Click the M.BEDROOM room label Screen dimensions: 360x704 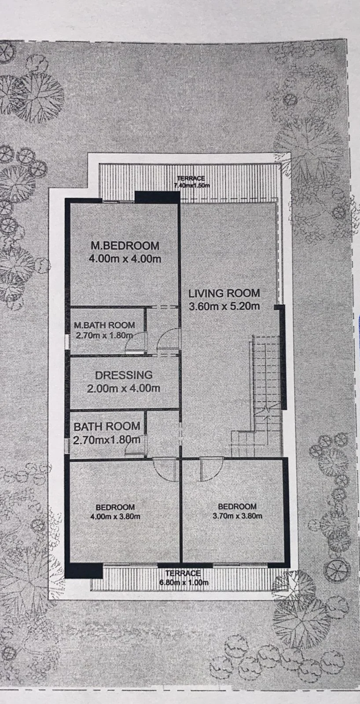pyautogui.click(x=125, y=245)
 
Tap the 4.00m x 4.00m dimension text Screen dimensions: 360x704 pyautogui.click(x=125, y=259)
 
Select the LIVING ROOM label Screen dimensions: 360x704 pyautogui.click(x=224, y=293)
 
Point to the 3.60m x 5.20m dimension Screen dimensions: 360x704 pyautogui.click(x=224, y=306)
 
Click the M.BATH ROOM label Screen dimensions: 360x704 pyautogui.click(x=104, y=325)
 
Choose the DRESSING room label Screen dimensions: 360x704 pyautogui.click(x=124, y=375)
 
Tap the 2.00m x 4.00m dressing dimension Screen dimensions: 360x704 pyautogui.click(x=124, y=388)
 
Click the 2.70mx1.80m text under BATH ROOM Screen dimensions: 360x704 pyautogui.click(x=107, y=440)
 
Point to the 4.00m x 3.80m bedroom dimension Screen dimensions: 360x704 pyautogui.click(x=115, y=517)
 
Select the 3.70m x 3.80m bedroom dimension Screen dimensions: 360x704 pyautogui.click(x=237, y=516)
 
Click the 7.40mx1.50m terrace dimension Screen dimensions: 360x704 pyautogui.click(x=192, y=185)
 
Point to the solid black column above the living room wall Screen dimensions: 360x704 pyautogui.click(x=157, y=198)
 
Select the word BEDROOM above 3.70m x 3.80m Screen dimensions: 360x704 pyautogui.click(x=237, y=506)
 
